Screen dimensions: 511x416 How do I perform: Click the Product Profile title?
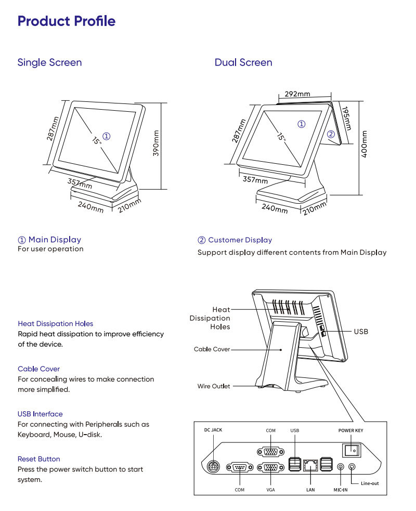67,21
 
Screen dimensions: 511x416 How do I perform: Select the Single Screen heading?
49,62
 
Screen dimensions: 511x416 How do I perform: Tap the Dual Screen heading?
243,62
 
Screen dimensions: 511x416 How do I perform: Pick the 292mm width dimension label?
297,94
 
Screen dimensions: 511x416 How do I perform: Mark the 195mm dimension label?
347,119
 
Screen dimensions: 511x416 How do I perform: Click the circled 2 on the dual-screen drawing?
331,134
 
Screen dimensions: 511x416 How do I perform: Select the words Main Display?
55,240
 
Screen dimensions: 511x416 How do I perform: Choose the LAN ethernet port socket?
310,465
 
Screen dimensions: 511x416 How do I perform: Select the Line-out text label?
370,483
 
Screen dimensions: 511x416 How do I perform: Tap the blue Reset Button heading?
38,459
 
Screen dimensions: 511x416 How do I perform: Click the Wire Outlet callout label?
213,386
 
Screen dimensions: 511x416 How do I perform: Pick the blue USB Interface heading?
40,414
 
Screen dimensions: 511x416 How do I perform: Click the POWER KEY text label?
351,431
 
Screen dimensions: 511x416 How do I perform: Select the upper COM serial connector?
270,450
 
